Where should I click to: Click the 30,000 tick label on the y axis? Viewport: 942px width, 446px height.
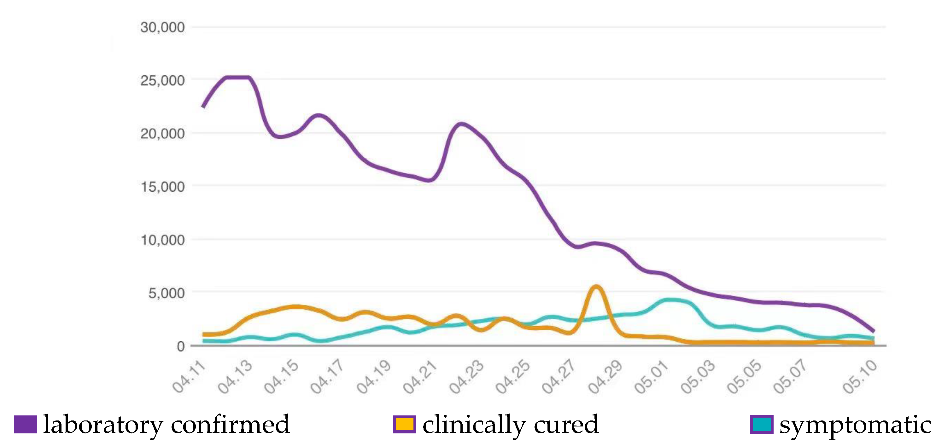(x=162, y=27)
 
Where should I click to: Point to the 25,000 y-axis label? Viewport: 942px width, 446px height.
(x=162, y=80)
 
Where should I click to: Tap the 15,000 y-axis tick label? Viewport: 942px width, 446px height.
(x=162, y=187)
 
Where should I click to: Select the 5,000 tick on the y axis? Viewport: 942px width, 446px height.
(x=167, y=293)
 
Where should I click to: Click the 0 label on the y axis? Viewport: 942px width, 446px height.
(x=181, y=346)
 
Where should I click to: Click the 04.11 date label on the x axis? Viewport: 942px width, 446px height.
(x=189, y=377)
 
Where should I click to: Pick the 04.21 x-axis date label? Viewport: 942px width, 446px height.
(x=420, y=377)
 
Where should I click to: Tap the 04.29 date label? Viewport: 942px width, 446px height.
(x=605, y=377)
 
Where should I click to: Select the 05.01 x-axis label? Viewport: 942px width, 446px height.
(x=651, y=377)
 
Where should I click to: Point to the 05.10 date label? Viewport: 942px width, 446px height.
(x=860, y=377)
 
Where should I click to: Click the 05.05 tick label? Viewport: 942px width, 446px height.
(x=744, y=377)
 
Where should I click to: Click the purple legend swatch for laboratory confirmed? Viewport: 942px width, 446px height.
(x=25, y=425)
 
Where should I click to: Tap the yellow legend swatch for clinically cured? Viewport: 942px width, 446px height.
(x=404, y=425)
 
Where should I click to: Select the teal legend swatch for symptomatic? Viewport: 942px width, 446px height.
(x=762, y=425)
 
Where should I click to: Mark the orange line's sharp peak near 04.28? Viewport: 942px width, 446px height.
(x=596, y=287)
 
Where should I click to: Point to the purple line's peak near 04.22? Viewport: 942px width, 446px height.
(x=461, y=124)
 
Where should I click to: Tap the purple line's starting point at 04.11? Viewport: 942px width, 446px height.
(x=203, y=107)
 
